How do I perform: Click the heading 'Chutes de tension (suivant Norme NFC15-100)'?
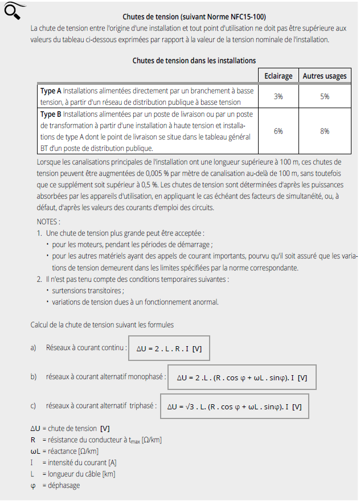[x=194, y=17]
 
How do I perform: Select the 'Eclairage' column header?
[x=279, y=76]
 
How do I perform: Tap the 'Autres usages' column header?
[x=324, y=76]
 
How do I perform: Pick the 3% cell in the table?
[x=279, y=96]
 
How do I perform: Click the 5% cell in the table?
[x=324, y=96]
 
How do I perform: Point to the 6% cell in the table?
[x=279, y=131]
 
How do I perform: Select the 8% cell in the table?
[x=324, y=131]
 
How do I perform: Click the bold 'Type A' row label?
[x=51, y=91]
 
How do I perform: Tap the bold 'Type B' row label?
[x=51, y=114]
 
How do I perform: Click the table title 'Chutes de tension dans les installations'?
[x=194, y=60]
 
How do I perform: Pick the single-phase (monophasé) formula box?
[x=242, y=377]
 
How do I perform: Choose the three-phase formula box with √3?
[x=235, y=406]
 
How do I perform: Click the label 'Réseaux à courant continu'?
[x=85, y=347]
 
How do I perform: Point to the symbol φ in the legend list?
[x=34, y=485]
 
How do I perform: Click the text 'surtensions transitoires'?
[x=87, y=290]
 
